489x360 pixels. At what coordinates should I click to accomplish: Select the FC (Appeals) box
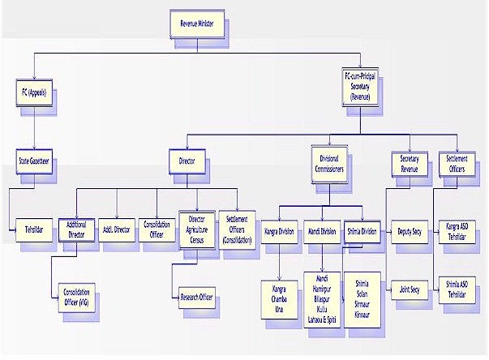tap(34, 92)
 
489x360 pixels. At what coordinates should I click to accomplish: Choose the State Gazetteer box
tap(35, 161)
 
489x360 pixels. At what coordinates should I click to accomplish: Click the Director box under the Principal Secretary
tap(187, 161)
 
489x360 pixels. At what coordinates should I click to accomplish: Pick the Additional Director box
tap(77, 229)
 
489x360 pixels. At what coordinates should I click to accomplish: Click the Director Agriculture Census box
tap(197, 229)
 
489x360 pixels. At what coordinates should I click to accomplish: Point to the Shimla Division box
tap(362, 230)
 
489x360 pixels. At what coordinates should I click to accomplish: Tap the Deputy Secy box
tap(410, 230)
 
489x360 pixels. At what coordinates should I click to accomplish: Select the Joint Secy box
tap(410, 288)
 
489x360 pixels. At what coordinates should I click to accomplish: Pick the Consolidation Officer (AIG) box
tap(77, 295)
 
